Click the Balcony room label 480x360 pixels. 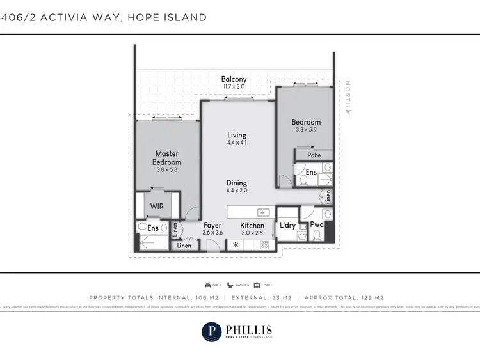[x=234, y=79]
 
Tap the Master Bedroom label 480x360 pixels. [x=167, y=158]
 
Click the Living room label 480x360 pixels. [x=236, y=135]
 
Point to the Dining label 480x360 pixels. [x=236, y=183]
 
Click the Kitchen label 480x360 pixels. [x=252, y=225]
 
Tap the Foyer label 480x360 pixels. [x=212, y=225]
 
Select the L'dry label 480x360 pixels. [x=287, y=225]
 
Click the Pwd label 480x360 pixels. [x=316, y=225]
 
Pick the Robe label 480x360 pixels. [x=314, y=155]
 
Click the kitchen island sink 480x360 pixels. [x=262, y=212]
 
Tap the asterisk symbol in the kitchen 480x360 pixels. [x=236, y=245]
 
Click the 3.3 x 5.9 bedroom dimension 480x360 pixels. [x=305, y=130]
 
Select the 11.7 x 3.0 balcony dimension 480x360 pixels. [x=234, y=86]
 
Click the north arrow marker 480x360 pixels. [x=348, y=111]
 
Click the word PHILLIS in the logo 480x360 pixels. [x=249, y=328]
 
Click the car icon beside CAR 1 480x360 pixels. [x=257, y=285]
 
